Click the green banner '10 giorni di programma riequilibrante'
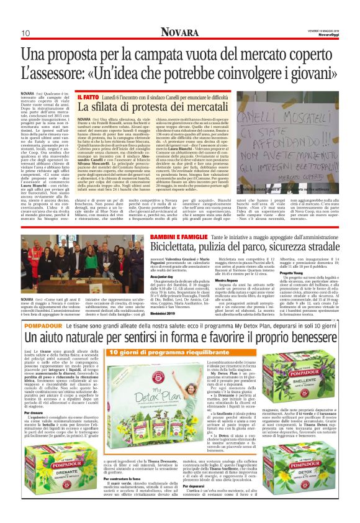(x=136, y=352)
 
